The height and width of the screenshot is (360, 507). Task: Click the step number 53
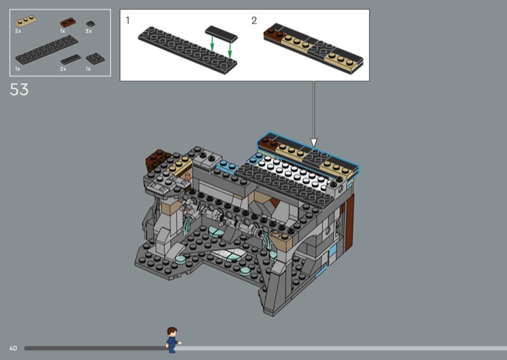19,89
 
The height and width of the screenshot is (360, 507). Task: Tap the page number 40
13,349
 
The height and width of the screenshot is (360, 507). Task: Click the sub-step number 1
128,21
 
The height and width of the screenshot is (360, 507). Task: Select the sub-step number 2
254,21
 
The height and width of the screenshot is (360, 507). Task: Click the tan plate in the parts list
25,21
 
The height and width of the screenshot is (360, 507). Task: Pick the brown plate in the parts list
68,23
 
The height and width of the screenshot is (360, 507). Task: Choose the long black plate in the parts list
46,50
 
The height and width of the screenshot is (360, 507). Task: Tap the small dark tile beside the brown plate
91,23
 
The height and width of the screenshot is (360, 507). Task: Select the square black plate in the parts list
95,58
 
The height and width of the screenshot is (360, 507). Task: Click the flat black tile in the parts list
71,59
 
